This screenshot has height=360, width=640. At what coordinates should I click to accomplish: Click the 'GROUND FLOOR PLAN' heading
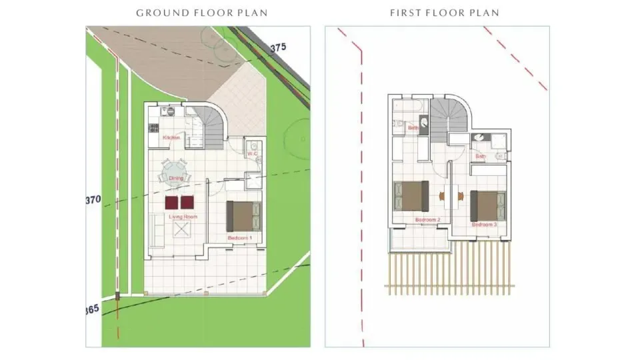pos(197,13)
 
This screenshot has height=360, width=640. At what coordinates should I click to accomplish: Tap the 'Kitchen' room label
pos(172,137)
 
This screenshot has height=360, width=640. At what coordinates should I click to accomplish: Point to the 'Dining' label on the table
pos(175,178)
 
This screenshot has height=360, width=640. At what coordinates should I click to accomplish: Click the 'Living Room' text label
pos(182,217)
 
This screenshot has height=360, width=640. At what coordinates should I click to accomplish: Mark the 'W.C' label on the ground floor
pos(252,155)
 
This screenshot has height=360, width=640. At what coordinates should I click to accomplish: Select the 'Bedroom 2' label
pos(427,219)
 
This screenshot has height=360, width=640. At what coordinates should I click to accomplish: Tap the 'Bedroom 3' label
pos(485,225)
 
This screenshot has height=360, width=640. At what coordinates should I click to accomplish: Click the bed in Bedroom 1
pos(243,215)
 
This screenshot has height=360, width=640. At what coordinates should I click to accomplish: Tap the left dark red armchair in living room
pos(171,202)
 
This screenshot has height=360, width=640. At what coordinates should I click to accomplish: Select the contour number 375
pos(278,47)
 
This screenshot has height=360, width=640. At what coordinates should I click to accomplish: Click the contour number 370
pos(93,199)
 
